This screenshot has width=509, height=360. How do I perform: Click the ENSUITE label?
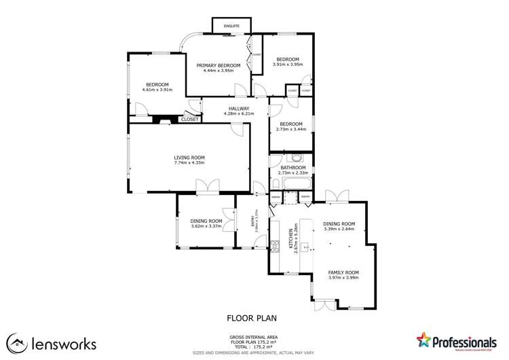(233, 26)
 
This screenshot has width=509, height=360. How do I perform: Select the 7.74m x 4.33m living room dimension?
(189, 163)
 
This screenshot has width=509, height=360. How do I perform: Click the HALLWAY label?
(238, 108)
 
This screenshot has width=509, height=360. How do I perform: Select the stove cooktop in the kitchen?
(275, 245)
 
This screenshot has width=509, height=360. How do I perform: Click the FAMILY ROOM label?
(343, 272)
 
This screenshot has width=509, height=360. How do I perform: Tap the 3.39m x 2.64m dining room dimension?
(339, 229)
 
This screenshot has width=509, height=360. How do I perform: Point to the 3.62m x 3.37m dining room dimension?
(206, 226)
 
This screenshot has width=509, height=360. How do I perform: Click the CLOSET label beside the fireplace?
(189, 120)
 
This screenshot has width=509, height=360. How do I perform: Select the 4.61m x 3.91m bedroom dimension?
(157, 90)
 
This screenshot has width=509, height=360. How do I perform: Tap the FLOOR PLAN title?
(252, 317)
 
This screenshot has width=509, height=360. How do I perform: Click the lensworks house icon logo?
(17, 344)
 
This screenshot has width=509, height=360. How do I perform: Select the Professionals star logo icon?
(425, 340)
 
